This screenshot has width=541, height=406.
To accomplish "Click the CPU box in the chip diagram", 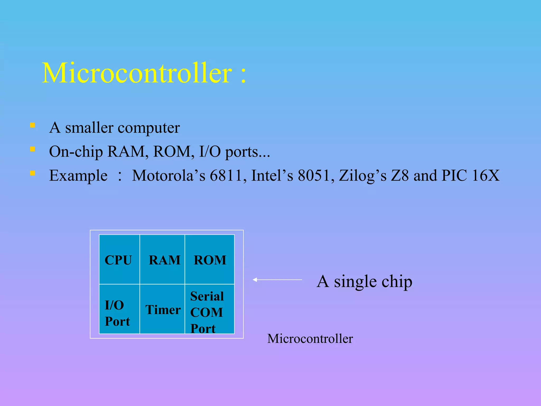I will click(119, 260).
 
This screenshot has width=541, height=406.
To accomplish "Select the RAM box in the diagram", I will click(162, 260).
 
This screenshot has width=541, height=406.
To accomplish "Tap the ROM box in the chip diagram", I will click(210, 260).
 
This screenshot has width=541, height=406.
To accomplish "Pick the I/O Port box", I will click(119, 309).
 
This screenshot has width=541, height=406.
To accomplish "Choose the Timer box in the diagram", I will click(162, 309).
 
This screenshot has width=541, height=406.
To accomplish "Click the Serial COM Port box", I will click(210, 309).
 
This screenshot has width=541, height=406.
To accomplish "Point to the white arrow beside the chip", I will click(277, 279).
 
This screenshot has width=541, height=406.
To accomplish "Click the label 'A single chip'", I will click(364, 282).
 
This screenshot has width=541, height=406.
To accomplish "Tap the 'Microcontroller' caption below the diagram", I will click(310, 339).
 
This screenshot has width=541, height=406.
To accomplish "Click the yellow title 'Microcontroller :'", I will click(144, 73).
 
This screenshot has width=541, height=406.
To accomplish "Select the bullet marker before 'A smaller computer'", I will click(32, 125).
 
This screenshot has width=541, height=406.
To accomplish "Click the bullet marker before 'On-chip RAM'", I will click(32, 149).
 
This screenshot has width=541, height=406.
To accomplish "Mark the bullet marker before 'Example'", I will click(32, 173).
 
